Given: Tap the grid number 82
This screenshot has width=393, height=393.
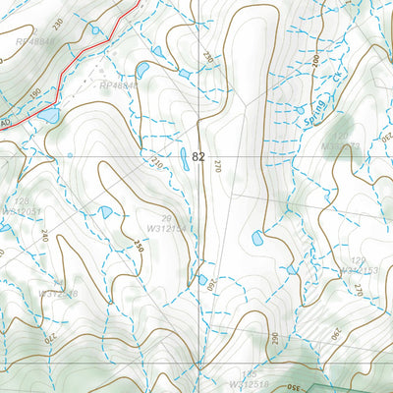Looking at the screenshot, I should tap(199, 156).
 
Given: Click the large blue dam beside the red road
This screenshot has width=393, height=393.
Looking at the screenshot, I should tap(47, 116).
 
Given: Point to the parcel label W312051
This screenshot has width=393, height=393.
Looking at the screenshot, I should tap(23, 210).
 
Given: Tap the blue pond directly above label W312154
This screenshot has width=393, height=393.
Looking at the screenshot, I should tap(105, 211).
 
